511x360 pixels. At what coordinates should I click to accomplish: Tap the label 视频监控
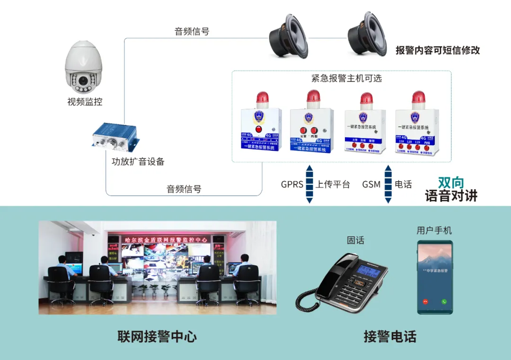(85, 102)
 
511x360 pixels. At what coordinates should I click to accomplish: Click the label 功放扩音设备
(138, 161)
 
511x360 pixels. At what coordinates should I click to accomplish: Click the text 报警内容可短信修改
(438, 50)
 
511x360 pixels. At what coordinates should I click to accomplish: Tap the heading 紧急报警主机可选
(346, 79)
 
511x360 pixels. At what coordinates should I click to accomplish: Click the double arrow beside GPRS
(309, 184)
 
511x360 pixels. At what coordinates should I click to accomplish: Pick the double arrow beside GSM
(388, 184)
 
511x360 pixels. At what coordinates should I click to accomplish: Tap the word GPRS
(292, 184)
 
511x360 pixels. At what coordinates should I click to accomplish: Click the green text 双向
(451, 183)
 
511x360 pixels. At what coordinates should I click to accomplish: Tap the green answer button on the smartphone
(444, 301)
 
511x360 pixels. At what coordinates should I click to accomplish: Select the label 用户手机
(434, 230)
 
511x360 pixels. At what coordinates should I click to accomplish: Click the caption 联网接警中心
(157, 336)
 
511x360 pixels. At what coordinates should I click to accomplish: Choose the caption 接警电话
(390, 336)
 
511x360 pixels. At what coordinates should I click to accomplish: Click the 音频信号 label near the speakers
(192, 32)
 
